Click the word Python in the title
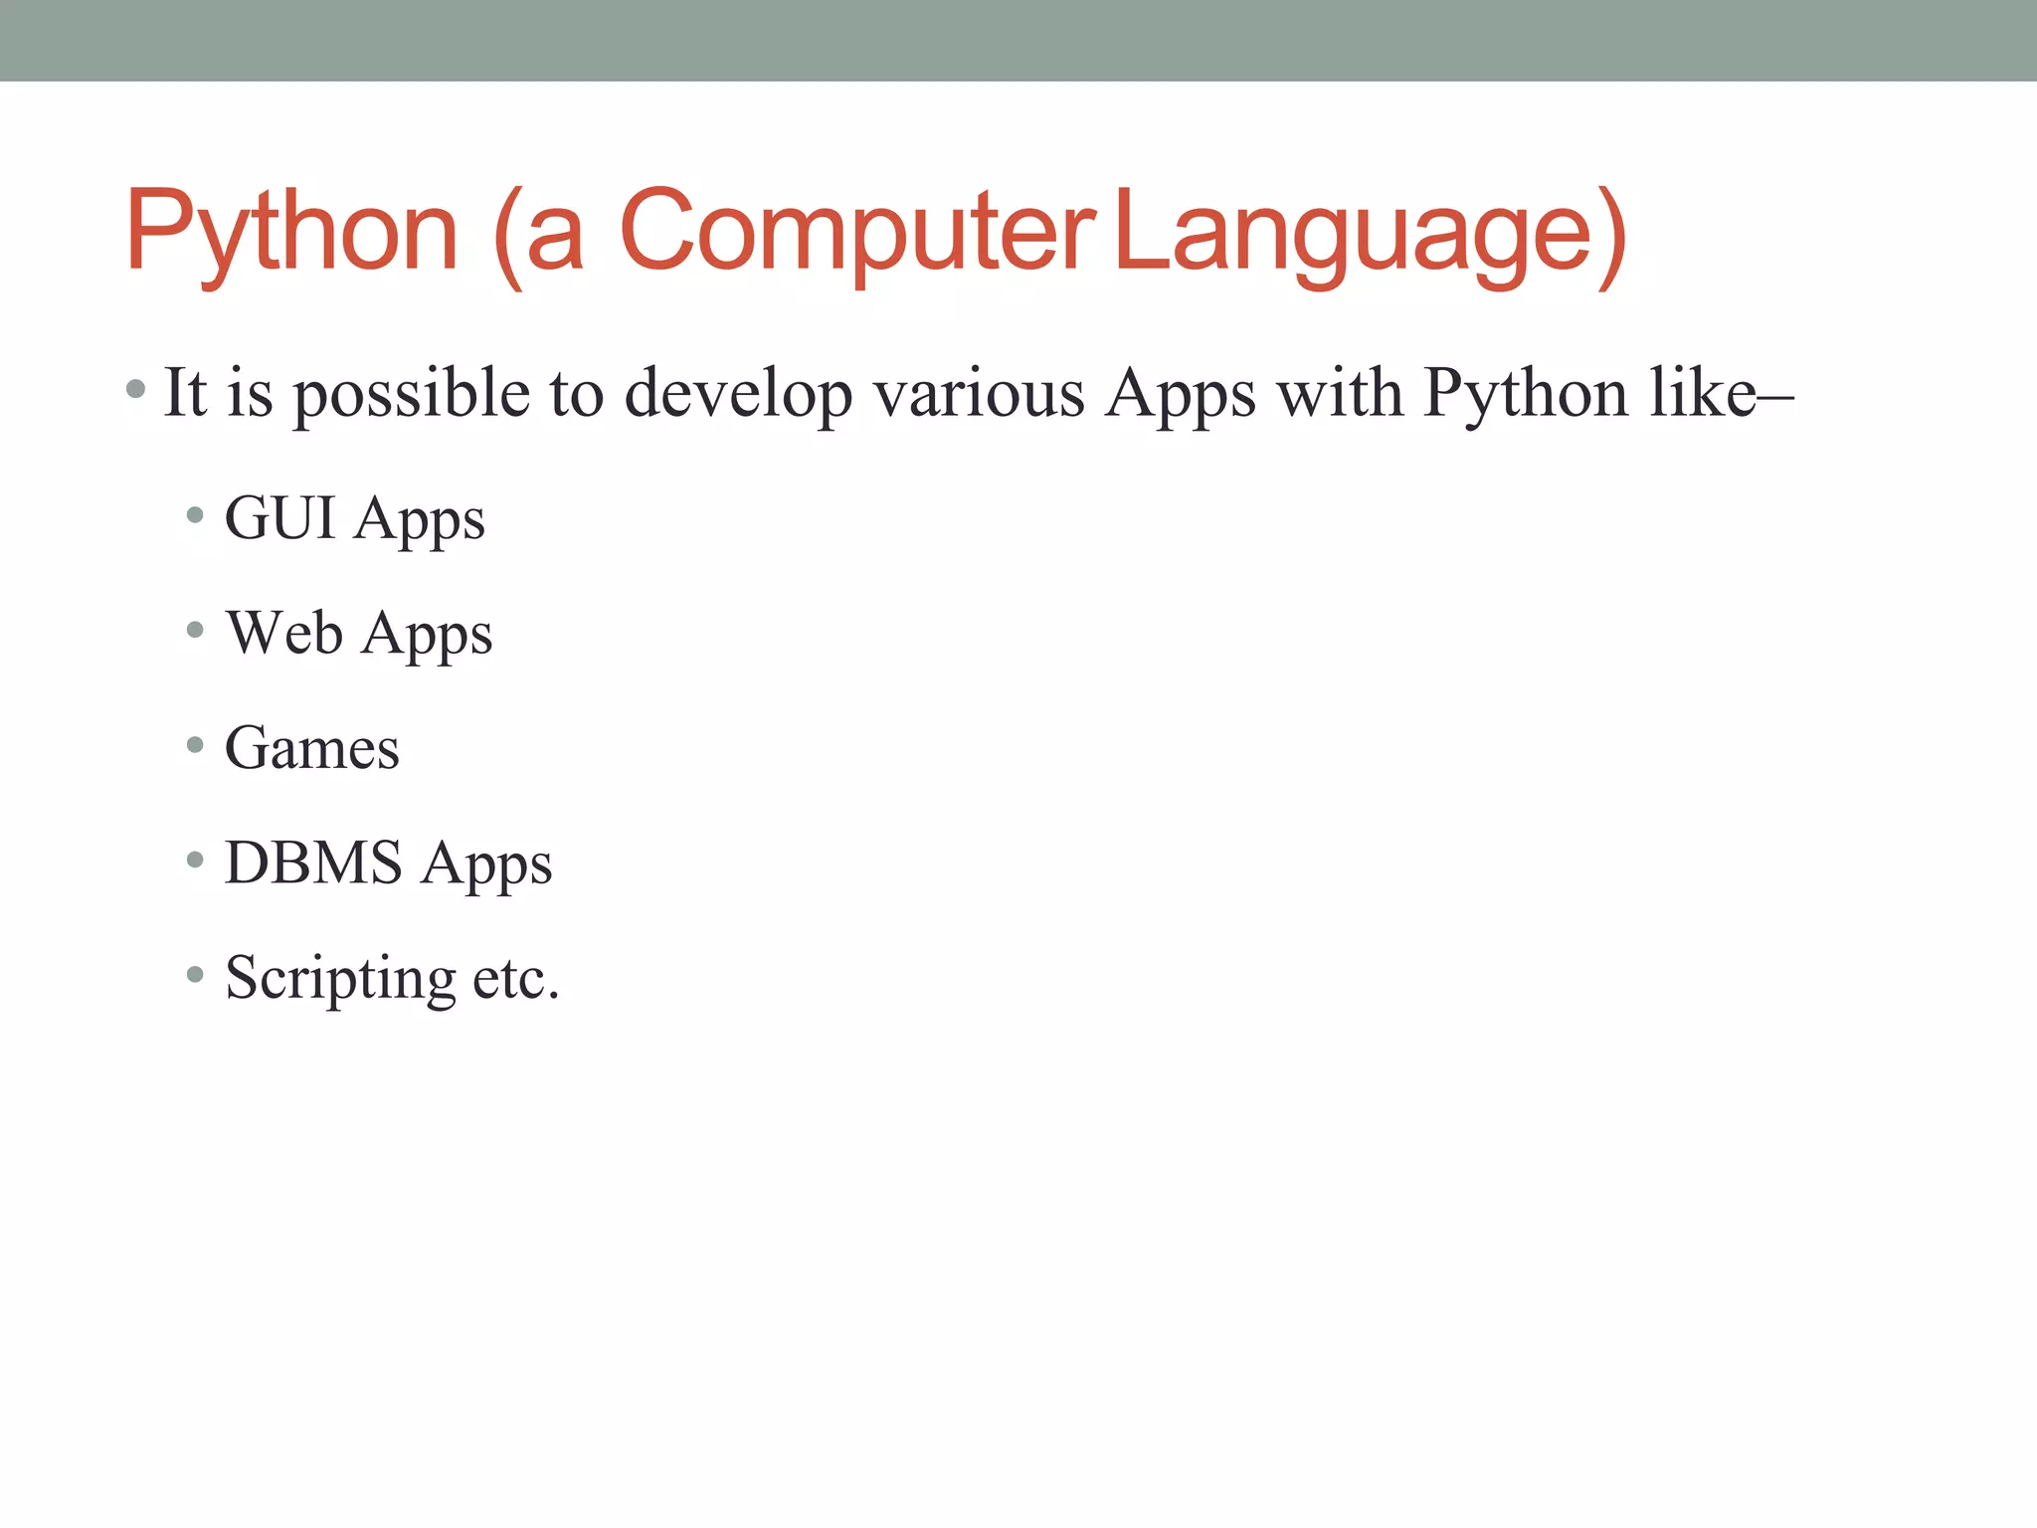(x=291, y=233)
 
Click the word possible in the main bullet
(x=411, y=394)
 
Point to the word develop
(x=738, y=394)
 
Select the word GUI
(x=279, y=518)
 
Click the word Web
(x=284, y=633)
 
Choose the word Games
(x=312, y=748)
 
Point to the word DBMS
(x=313, y=861)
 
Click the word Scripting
(x=340, y=978)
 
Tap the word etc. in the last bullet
(x=516, y=978)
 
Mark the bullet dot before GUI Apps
(x=195, y=515)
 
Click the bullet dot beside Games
(x=195, y=744)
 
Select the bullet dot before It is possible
(x=136, y=388)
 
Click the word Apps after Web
(x=427, y=635)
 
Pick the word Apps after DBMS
(x=486, y=863)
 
